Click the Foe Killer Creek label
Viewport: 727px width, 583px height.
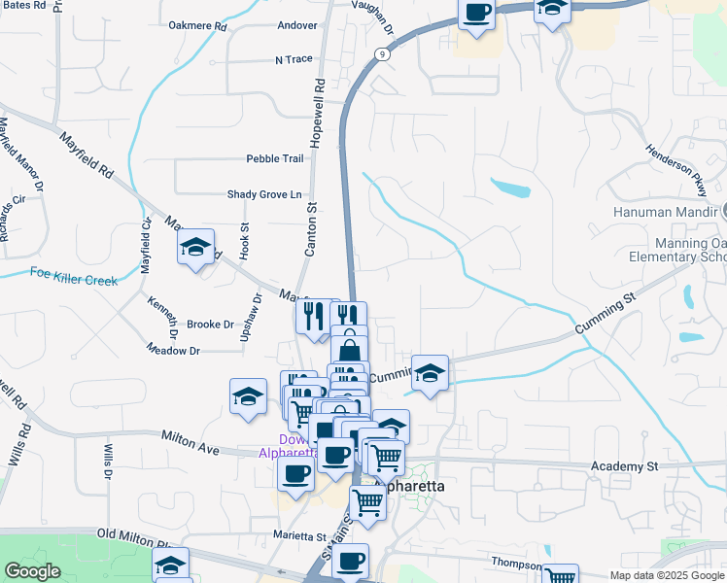73,277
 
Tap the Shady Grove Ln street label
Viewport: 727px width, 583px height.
264,194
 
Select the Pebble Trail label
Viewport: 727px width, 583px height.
275,158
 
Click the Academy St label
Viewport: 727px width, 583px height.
624,467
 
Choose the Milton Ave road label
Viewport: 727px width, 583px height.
190,444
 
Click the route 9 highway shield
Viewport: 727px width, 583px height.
384,55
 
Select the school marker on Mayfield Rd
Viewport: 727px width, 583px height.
196,248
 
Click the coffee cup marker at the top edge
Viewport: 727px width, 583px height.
477,14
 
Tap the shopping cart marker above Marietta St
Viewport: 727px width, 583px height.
368,503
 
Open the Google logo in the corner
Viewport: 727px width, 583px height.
32,570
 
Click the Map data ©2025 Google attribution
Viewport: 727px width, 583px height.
667,575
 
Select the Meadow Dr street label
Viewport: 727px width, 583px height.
173,350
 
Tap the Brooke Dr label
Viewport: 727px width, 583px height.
210,325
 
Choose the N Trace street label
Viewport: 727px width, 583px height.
294,59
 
